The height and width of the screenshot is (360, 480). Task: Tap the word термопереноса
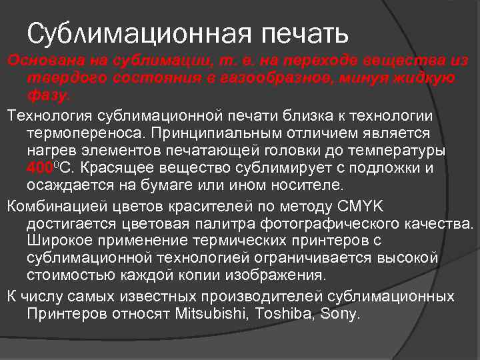89,133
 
